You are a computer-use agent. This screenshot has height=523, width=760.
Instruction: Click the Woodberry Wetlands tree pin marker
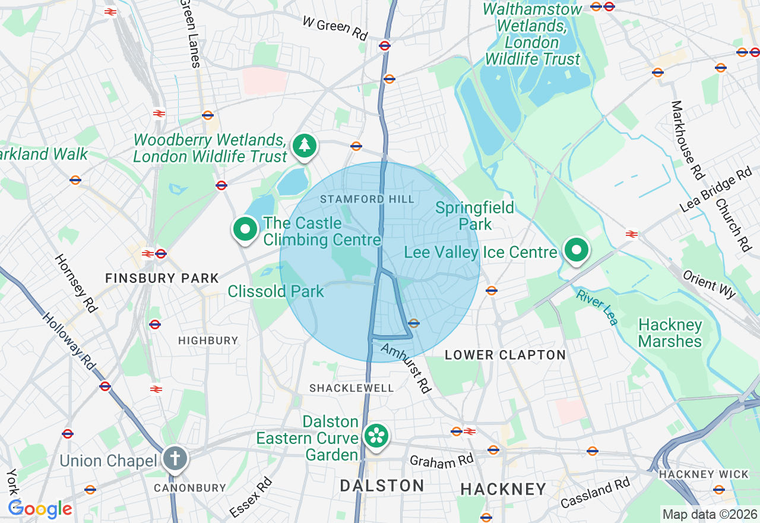pos(305,146)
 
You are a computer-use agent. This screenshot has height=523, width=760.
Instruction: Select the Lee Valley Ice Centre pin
pos(575,250)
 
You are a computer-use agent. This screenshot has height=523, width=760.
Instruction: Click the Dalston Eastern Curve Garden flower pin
pos(376,436)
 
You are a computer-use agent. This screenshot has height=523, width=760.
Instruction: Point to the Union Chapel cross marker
pos(175,459)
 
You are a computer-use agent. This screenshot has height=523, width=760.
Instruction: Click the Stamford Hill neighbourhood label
pos(367,199)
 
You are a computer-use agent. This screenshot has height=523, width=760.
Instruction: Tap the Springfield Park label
pos(474,216)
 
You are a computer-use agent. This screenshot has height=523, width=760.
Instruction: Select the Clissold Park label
pos(276,291)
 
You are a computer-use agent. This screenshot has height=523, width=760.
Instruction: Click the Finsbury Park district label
pos(162,278)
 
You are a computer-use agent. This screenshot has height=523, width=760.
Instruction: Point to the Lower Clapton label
pos(505,355)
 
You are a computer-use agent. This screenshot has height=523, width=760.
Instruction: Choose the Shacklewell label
pos(351,388)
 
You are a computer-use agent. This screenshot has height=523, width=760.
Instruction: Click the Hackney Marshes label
pos(670,333)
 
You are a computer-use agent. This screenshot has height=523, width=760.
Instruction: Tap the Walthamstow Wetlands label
pos(533,34)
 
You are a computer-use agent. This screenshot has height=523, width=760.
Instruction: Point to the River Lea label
pos(597,307)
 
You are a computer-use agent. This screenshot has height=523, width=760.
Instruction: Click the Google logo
pos(40,509)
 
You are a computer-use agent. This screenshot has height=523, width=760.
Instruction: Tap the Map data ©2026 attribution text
pos(710,514)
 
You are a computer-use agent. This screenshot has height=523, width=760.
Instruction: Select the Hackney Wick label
pos(704,474)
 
